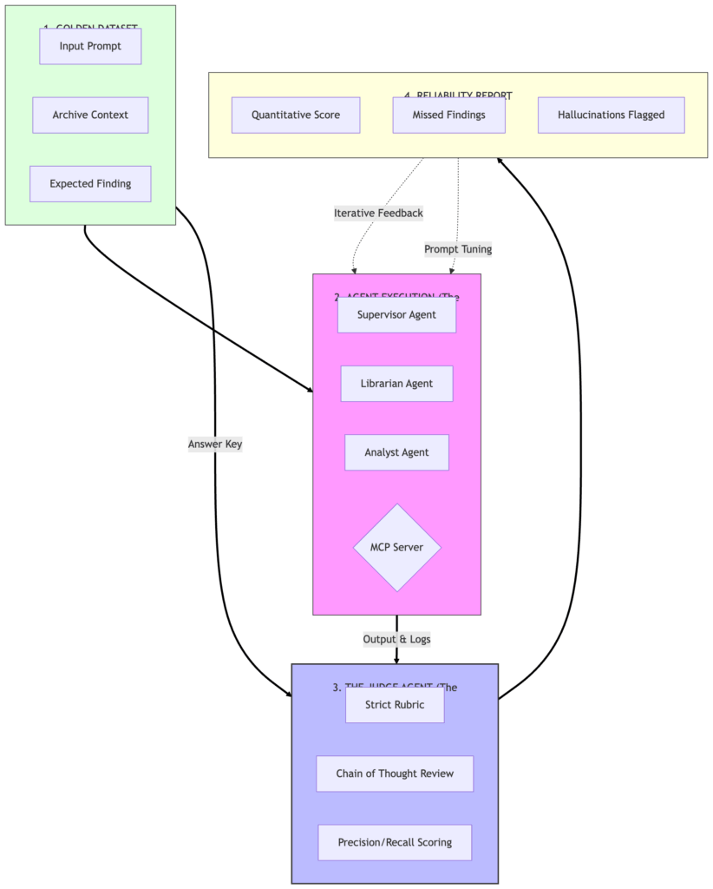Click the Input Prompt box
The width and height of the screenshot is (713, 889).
(x=90, y=46)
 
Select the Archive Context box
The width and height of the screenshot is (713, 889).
(x=90, y=115)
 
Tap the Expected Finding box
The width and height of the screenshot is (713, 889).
(x=90, y=183)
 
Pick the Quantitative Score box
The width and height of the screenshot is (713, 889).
(x=296, y=115)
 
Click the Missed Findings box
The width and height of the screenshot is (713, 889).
(x=448, y=115)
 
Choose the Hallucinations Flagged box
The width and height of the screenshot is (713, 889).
(x=611, y=115)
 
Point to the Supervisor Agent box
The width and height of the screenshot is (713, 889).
(x=396, y=314)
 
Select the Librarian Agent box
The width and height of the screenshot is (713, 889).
(x=396, y=383)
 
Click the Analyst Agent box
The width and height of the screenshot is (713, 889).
(x=396, y=452)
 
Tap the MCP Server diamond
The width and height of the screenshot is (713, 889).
(x=397, y=548)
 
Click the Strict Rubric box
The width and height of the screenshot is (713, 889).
(x=395, y=704)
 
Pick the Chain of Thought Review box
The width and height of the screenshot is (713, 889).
(x=395, y=774)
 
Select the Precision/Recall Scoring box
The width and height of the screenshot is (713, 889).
(x=395, y=842)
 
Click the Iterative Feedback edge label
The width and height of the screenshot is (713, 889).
(x=378, y=213)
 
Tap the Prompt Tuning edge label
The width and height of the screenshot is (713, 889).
(x=458, y=249)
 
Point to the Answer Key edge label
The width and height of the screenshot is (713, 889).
(x=215, y=444)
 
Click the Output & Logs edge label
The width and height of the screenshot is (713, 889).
(x=396, y=639)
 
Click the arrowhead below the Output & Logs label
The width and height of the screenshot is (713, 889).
(x=396, y=659)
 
